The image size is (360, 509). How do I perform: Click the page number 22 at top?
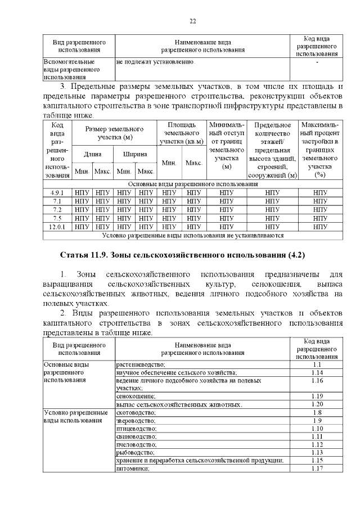192,21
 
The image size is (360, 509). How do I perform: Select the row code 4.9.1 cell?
57,192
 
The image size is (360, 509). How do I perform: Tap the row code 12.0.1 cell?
57,226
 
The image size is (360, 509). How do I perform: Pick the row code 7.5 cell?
57,218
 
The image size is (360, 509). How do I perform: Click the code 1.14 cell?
316,372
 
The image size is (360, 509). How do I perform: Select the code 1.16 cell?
316,381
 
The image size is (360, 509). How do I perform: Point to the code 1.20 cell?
316,404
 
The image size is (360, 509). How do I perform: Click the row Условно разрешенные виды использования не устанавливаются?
192,235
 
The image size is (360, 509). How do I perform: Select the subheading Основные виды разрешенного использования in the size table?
192,184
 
